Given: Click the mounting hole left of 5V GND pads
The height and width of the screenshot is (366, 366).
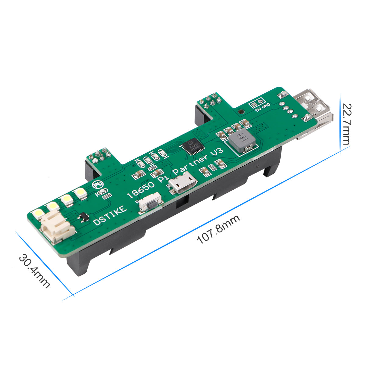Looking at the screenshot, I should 241,112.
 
